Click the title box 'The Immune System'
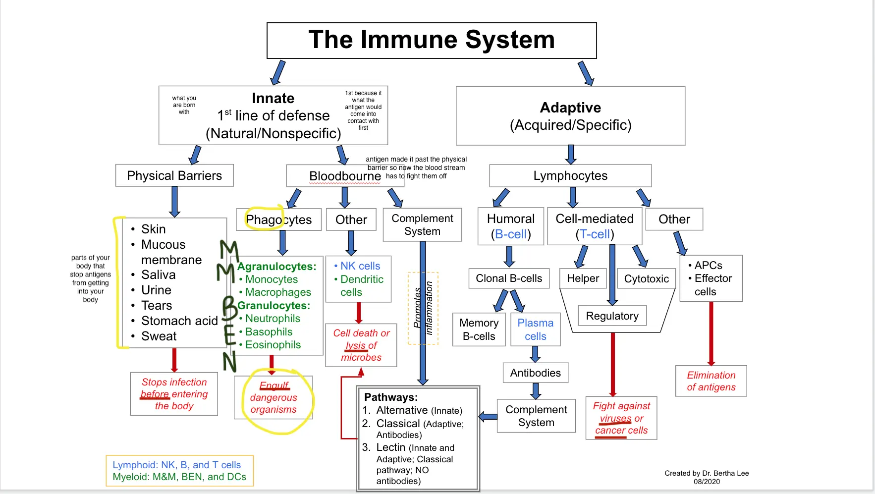(x=432, y=41)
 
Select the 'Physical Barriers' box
(x=174, y=175)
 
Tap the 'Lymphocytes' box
(x=570, y=176)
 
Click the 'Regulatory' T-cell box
(x=612, y=316)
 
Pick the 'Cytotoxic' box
(x=647, y=278)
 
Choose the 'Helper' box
(x=583, y=278)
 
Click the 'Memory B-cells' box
(x=479, y=329)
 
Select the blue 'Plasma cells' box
(x=536, y=329)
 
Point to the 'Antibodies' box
(x=536, y=373)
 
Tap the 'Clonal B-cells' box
(x=509, y=278)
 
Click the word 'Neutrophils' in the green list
(x=273, y=319)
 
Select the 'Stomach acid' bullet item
(x=179, y=321)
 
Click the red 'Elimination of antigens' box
(x=711, y=381)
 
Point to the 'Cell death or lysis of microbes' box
(x=361, y=345)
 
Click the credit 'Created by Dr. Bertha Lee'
(x=707, y=473)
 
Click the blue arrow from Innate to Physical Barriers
(x=195, y=155)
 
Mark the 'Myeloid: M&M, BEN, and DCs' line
(x=179, y=477)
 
